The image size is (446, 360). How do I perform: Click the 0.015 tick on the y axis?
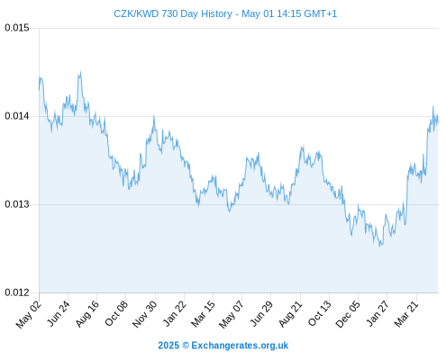(17, 28)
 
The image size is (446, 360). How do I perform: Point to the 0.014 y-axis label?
(17, 116)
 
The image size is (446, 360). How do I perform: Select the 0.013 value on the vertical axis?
(17, 204)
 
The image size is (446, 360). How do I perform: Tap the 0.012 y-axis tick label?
(17, 292)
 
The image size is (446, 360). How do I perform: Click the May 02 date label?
(29, 314)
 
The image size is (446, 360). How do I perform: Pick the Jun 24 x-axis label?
(59, 313)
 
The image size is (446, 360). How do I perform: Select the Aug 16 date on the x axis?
(87, 313)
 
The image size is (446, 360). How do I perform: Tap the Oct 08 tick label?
(116, 313)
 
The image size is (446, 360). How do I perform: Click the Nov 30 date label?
(145, 314)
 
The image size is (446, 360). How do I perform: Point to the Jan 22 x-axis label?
(175, 313)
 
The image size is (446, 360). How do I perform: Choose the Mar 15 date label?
(204, 313)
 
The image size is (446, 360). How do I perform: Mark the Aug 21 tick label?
(290, 313)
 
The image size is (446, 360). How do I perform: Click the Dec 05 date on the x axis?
(348, 314)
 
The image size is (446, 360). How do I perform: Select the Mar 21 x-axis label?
(406, 313)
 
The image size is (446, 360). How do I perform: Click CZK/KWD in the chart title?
(136, 13)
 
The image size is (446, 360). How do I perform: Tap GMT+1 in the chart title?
(321, 13)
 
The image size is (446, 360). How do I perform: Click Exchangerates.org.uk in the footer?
(240, 346)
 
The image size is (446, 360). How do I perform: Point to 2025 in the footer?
(168, 346)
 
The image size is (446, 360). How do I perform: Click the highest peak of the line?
(80, 72)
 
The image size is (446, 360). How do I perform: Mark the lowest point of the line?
(380, 246)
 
